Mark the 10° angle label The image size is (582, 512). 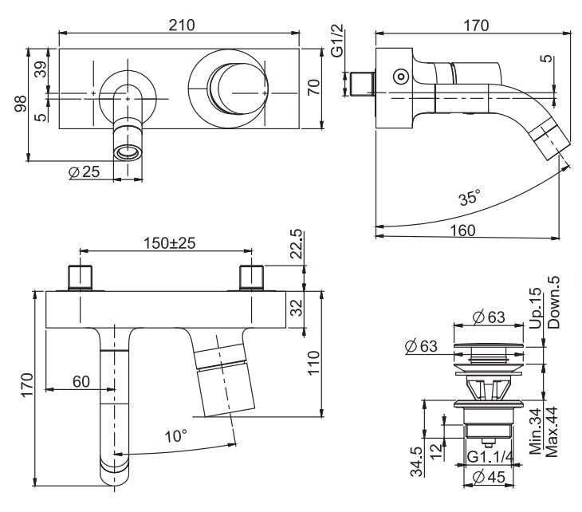click(x=175, y=435)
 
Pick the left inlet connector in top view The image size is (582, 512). click(x=81, y=278)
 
